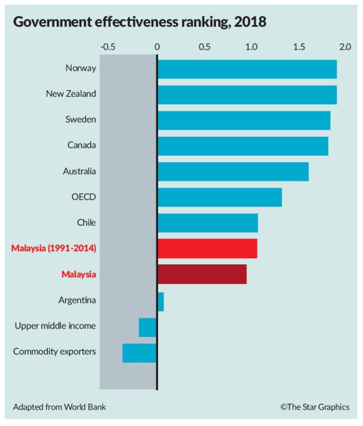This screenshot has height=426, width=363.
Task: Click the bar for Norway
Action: [246, 69]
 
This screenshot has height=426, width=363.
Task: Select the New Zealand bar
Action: [246, 94]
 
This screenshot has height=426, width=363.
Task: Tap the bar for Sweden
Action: [244, 120]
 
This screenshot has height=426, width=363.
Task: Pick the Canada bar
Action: [242, 146]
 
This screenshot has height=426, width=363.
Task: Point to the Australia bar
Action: [232, 172]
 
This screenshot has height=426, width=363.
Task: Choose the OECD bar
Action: [220, 197]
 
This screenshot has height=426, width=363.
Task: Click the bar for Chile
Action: [207, 223]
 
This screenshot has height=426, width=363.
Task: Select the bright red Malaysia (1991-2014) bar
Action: [207, 248]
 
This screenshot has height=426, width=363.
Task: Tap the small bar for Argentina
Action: [160, 301]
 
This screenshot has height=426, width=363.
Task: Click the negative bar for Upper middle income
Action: [148, 327]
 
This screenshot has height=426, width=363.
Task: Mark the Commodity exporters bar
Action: [139, 353]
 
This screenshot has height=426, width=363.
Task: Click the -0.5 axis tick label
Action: [108, 46]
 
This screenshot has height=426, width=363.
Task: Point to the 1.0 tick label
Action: [251, 46]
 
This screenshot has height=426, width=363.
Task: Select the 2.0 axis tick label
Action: [344, 46]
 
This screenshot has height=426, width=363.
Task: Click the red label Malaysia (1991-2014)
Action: [53, 248]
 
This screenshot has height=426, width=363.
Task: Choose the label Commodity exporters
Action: [54, 352]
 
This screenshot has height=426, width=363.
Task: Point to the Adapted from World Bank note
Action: [59, 407]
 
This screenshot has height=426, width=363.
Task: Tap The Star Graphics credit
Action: [314, 407]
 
